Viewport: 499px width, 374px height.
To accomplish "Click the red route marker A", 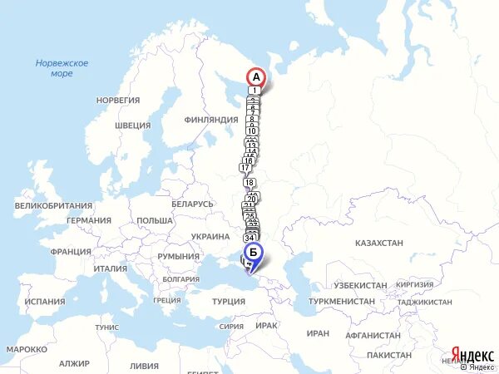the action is coord(256,77).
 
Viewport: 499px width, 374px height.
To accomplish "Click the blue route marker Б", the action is coord(254,253).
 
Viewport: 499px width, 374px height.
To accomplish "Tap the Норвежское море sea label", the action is coord(62,68).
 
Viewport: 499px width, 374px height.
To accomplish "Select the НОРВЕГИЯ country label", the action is coord(118,101).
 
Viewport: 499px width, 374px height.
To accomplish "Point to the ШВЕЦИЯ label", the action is coord(133,125).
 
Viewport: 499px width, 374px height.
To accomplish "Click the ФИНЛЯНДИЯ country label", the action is coord(211,120).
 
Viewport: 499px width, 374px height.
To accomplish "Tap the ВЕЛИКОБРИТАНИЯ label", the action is coord(53,205).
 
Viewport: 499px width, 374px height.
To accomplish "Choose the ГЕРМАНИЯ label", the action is coord(89,221).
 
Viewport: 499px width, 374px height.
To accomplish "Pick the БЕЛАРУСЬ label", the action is coord(193,204).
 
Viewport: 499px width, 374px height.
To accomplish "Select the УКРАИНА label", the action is coord(210,237).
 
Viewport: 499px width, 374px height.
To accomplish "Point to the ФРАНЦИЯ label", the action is coord(70,252).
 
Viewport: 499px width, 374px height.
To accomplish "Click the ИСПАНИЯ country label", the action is coord(45,302).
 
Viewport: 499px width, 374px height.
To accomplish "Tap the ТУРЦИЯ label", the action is coord(229,301).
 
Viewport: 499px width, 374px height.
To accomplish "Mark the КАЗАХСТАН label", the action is coord(378,243).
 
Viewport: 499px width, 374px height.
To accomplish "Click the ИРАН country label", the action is coord(318,333).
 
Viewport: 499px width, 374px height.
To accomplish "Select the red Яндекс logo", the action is coord(472,353).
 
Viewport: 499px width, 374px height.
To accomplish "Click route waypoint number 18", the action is coord(250,183).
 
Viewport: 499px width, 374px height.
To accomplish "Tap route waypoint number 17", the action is coord(245,167).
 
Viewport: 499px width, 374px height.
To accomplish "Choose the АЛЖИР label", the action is coord(74,364).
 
